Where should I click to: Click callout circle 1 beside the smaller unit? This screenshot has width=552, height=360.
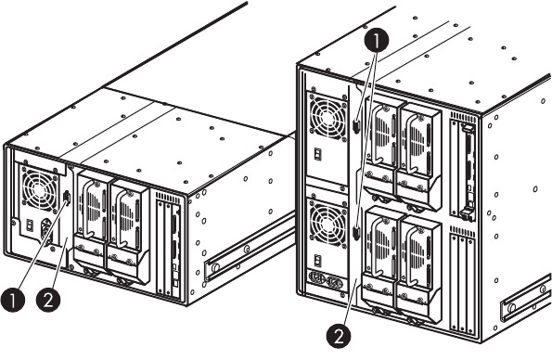pos(13,300)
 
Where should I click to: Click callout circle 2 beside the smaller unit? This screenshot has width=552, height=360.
pos(48,300)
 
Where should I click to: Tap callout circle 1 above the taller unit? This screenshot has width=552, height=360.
pos(377,41)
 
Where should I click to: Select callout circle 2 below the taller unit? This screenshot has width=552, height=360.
pos(339,337)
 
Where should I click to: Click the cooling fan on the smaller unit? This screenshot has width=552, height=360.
pos(39,189)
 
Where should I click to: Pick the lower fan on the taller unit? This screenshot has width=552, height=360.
pos(327,223)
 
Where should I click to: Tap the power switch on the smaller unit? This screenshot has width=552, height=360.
pos(31,225)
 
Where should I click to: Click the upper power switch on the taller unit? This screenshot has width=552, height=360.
pos(318,154)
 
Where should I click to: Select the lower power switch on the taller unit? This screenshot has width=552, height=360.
pos(318,261)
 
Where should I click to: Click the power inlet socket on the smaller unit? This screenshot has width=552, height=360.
pos(46,229)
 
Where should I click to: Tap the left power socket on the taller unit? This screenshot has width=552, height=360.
pos(316,277)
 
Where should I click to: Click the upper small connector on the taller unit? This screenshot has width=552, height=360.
pos(356,126)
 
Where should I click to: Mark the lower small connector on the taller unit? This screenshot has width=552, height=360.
pos(356,233)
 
